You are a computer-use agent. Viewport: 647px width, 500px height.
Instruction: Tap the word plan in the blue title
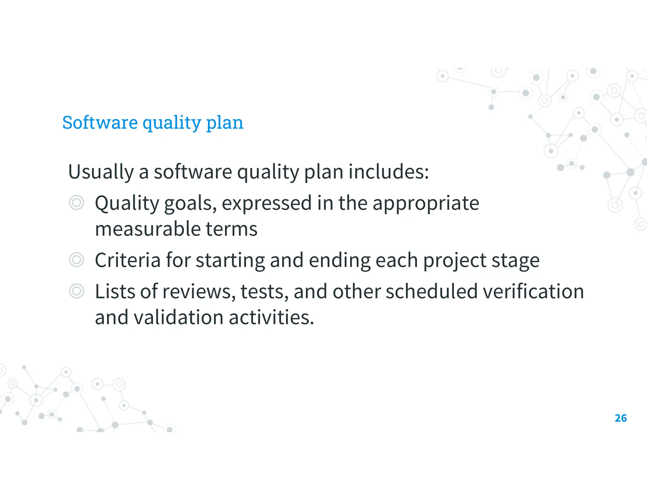coord(225,123)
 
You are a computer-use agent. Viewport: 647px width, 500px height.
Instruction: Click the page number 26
coord(620,418)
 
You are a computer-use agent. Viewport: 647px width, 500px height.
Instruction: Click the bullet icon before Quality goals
coord(76,203)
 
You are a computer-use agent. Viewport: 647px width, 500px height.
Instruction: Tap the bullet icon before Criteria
coord(76,260)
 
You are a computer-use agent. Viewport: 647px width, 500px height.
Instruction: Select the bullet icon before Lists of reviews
coord(76,291)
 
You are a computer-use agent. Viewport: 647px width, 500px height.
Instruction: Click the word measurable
coord(148,229)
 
